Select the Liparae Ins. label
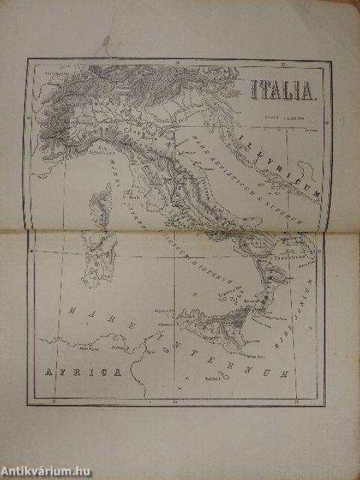click(225, 287)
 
